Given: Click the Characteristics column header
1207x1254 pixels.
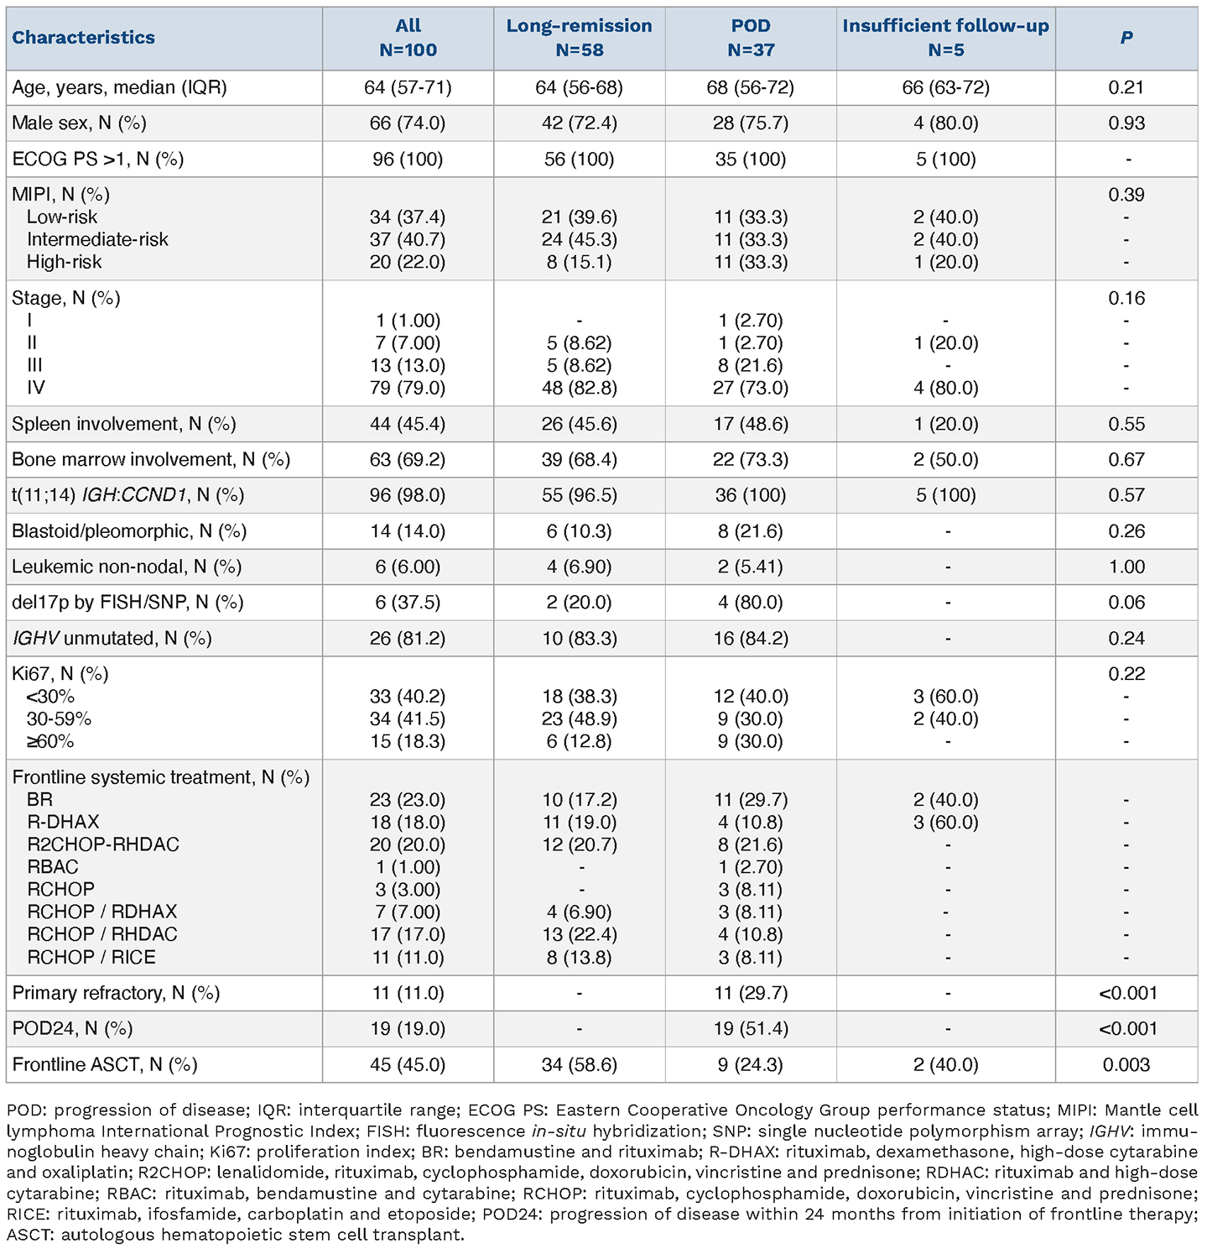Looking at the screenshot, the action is pyautogui.click(x=83, y=38).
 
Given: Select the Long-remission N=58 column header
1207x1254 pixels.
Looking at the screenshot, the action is pyautogui.click(x=579, y=38).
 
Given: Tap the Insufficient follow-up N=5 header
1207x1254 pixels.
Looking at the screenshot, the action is pyautogui.click(x=945, y=38).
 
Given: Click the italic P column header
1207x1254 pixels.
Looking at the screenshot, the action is pyautogui.click(x=1126, y=38).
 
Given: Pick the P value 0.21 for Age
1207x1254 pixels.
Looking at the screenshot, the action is pyautogui.click(x=1126, y=87).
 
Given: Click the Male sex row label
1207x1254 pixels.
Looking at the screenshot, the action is pyautogui.click(x=79, y=123).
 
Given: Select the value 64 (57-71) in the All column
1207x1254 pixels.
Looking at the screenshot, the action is pyautogui.click(x=408, y=87).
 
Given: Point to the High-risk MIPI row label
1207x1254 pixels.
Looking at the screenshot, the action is pyautogui.click(x=64, y=262).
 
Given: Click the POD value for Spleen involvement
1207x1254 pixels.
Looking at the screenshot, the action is pyautogui.click(x=750, y=424).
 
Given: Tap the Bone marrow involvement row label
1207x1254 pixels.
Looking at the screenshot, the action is pyautogui.click(x=151, y=460).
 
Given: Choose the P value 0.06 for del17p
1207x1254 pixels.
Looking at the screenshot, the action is pyautogui.click(x=1126, y=603).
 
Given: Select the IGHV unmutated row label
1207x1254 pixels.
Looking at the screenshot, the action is pyautogui.click(x=112, y=639).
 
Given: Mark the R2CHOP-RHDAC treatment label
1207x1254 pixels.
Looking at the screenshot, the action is pyautogui.click(x=103, y=844).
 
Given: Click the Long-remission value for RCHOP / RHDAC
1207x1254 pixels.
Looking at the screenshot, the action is pyautogui.click(x=579, y=934).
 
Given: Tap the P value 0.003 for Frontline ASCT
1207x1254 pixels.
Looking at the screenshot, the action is pyautogui.click(x=1126, y=1065).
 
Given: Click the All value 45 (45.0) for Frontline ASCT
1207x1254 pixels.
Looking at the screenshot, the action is pyautogui.click(x=408, y=1065).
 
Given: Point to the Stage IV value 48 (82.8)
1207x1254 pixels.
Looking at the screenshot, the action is pyautogui.click(x=579, y=388).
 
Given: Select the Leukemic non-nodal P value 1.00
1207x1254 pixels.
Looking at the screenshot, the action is pyautogui.click(x=1126, y=567).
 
